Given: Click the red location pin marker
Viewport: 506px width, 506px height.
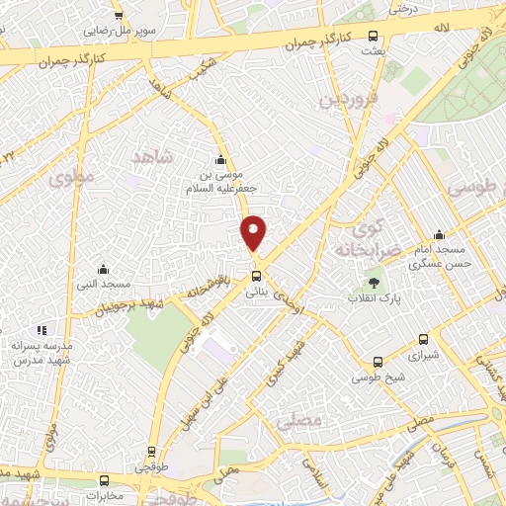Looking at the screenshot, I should click(254, 232).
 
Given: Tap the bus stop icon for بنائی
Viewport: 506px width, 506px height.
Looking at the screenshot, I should click(256, 276).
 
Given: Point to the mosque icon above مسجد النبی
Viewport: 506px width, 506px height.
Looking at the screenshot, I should click(102, 269).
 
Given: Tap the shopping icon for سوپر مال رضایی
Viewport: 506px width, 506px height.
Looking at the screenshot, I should click(119, 16).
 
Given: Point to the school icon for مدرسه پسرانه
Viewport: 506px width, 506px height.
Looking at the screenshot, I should click(41, 330).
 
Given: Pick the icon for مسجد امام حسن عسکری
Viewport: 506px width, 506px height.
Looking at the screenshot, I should click(439, 235).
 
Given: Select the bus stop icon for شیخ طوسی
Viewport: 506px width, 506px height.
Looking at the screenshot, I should click(378, 363).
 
